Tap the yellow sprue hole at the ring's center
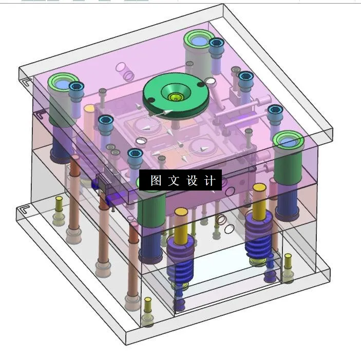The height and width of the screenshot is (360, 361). click(176, 97)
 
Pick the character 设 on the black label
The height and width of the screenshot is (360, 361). click(192, 181)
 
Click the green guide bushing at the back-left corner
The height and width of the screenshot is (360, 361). click(62, 83)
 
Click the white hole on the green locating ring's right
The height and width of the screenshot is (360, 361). click(210, 81)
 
